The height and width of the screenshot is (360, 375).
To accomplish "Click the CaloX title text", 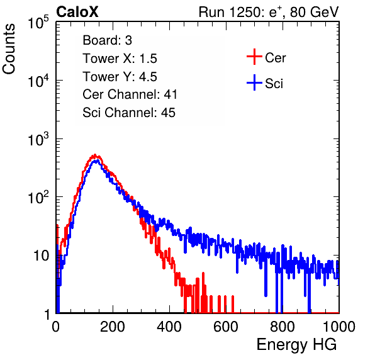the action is pos(77,11).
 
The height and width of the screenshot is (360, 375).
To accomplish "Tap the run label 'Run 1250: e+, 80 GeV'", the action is pos(269,12).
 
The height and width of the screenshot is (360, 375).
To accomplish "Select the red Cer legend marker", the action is pos(254,57).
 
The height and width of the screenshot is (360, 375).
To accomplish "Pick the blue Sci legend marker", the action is pos(254,82).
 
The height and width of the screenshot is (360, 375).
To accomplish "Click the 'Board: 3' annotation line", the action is pos(107,40).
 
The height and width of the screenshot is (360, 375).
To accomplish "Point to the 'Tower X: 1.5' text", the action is pos(120,59).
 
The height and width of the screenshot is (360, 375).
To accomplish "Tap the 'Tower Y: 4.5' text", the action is pos(120,77).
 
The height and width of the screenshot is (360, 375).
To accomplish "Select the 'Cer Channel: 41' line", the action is pos(130,94).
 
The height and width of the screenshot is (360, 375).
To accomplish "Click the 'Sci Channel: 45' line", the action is pos(129,113).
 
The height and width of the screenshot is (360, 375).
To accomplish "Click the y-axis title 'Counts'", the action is pos(9,49).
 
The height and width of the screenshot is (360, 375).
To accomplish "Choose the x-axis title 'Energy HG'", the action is pos(296,345).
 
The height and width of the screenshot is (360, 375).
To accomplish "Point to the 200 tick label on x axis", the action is pos(113,327).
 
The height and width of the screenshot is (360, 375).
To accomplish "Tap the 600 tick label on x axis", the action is pos(226,327).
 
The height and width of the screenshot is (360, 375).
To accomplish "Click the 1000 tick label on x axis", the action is pos(339,327).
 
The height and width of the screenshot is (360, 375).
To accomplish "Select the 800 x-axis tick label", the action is pos(283,327).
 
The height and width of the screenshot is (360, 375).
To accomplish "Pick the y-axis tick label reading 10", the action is pos(41,256).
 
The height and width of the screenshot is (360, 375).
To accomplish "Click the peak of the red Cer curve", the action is pos(95,155).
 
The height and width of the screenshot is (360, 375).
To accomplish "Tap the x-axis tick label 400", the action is pos(169,327).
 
